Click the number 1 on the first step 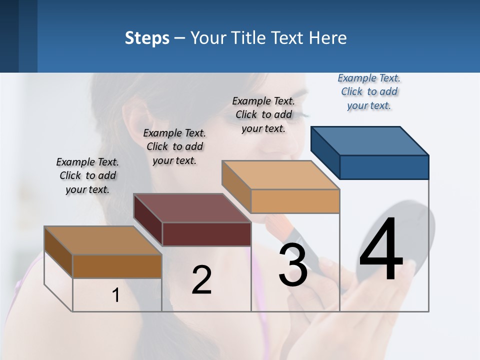point(116,295)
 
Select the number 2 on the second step point(201,280)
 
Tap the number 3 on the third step point(293,265)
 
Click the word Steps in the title point(147,38)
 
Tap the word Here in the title point(328,38)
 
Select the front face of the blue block point(384,167)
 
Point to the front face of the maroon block point(206,234)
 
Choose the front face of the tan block point(295,201)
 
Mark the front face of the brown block point(117,266)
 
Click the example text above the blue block point(369,91)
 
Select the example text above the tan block point(263,114)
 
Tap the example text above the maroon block point(174,146)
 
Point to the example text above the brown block point(87,175)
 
